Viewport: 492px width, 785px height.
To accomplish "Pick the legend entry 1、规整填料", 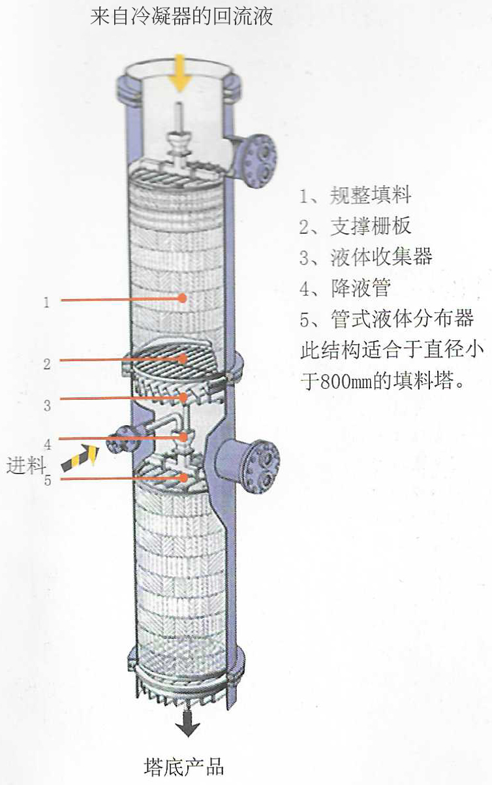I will [356, 195].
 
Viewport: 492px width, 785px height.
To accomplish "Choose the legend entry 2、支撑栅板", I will [356, 226].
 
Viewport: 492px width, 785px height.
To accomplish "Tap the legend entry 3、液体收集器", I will [365, 257].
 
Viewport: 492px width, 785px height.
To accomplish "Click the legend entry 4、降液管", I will [345, 289].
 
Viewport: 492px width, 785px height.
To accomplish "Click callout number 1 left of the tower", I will [46, 302].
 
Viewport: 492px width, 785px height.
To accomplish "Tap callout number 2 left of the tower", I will [46, 364].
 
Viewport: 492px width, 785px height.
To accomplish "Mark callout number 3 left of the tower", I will [47, 406].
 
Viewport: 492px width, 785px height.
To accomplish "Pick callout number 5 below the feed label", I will [47, 481].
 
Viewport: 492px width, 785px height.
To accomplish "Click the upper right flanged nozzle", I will [258, 159].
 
